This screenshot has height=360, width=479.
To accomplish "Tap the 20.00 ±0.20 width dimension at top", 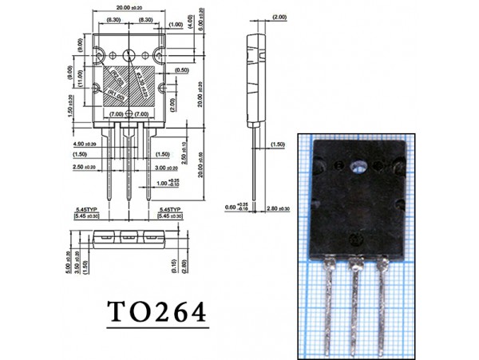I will [130, 9].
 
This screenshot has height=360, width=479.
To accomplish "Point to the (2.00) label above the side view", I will [279, 17].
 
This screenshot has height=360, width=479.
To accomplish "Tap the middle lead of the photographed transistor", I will [354, 303].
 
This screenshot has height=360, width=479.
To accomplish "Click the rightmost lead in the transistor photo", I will [384, 303].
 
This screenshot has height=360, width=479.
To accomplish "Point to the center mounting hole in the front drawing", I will [130, 55].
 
